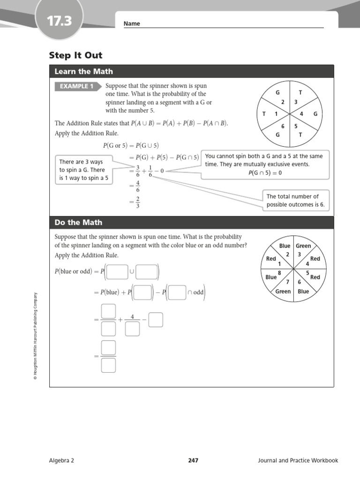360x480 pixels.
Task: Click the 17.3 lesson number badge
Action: tap(59, 21)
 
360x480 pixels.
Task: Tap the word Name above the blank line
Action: tap(132, 24)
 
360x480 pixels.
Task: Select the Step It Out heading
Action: tap(75, 56)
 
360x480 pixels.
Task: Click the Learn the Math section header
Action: tap(83, 72)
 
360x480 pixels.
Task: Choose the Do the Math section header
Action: tap(78, 223)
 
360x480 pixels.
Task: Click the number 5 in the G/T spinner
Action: tap(296, 126)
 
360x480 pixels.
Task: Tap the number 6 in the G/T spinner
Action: tap(283, 126)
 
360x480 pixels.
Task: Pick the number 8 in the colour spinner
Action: tap(280, 273)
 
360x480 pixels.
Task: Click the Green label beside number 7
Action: tap(283, 292)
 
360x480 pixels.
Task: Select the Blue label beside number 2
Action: tap(285, 246)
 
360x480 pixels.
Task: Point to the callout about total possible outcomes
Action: tap(295, 201)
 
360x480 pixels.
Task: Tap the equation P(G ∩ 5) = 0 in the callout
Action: tap(265, 173)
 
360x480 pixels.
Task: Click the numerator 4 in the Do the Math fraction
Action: tap(132, 317)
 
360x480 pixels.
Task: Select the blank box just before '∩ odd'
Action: tap(177, 292)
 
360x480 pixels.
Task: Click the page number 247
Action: tap(193, 460)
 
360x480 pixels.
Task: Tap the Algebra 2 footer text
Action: tap(61, 460)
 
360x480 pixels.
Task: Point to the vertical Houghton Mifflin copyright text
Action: tap(35, 336)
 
